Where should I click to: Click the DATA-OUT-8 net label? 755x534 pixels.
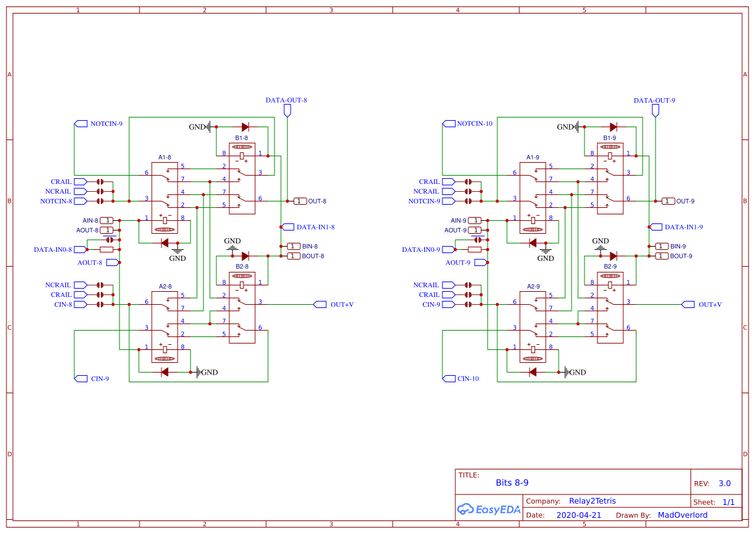click(x=286, y=101)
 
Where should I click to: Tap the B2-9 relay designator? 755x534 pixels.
click(x=610, y=267)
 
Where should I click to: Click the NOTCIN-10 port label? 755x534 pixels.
click(x=475, y=123)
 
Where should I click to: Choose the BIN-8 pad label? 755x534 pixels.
click(x=309, y=247)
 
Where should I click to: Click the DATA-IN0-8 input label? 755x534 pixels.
click(x=53, y=249)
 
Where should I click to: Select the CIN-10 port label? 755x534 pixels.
click(x=468, y=379)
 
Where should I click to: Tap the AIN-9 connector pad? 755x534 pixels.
click(x=475, y=221)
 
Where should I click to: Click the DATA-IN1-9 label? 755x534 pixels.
click(x=683, y=227)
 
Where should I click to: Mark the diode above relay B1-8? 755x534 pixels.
click(x=245, y=127)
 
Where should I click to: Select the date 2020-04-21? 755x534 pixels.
click(x=579, y=515)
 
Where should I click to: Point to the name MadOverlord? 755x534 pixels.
click(x=682, y=515)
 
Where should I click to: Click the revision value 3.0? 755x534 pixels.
click(x=724, y=484)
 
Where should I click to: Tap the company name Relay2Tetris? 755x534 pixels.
click(x=592, y=501)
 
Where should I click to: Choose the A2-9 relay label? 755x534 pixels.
click(x=533, y=286)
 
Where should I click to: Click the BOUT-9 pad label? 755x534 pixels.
click(x=681, y=256)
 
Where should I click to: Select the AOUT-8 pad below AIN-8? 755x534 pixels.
click(x=107, y=231)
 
